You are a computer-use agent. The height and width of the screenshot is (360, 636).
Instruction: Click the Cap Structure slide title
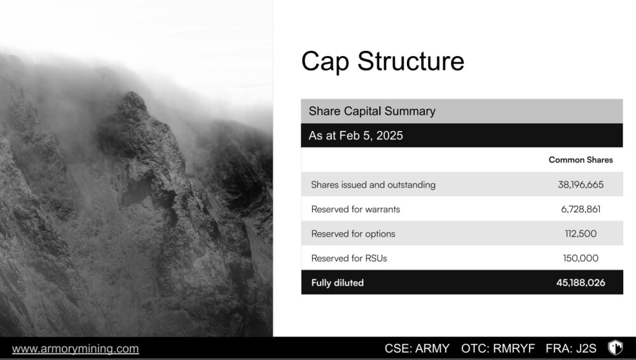[382, 61]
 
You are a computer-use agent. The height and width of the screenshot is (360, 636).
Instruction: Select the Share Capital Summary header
[372, 111]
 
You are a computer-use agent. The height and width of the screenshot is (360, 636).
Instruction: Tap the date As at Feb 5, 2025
[356, 135]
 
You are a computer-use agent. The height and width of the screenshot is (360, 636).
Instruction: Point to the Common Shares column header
[581, 160]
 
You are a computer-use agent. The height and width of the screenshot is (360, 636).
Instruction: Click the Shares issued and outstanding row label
[373, 184]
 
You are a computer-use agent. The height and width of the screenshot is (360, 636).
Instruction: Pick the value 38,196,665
[581, 184]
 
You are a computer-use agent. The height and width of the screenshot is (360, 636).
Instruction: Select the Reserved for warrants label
[356, 209]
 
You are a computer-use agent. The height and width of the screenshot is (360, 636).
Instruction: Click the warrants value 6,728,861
[581, 209]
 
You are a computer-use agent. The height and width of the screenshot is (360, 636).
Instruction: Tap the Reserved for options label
[353, 234]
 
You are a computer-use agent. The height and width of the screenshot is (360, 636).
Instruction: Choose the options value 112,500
[581, 234]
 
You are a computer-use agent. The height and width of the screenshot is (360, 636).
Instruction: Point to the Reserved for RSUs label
[349, 258]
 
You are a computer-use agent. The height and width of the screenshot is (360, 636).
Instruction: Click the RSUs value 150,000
[581, 258]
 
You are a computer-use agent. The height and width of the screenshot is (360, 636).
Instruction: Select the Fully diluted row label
[338, 283]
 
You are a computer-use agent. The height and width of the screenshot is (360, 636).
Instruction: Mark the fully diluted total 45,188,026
[581, 283]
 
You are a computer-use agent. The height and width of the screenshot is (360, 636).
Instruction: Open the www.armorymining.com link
[76, 349]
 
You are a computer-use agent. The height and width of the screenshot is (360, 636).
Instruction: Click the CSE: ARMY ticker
[417, 349]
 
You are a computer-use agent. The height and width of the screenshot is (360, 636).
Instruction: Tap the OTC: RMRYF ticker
[498, 349]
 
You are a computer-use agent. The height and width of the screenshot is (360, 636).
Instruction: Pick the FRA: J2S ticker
[570, 349]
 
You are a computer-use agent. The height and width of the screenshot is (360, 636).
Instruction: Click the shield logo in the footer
[615, 348]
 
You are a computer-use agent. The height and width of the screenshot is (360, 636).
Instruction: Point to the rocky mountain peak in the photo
[132, 102]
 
